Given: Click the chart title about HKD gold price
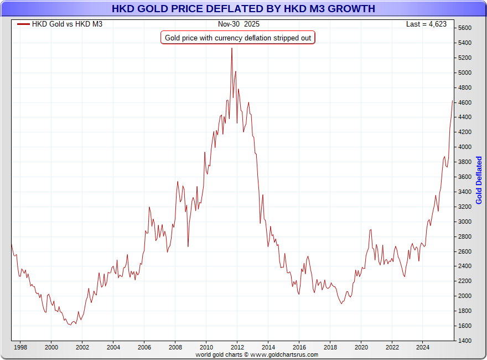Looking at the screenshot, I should point(244,8).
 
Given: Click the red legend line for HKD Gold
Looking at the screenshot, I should point(23,24).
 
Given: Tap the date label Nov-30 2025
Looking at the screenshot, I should point(238,24).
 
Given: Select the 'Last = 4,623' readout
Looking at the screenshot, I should point(426,24).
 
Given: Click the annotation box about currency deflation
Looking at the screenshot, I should point(238,38).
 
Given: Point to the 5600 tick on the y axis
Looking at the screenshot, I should point(464,28).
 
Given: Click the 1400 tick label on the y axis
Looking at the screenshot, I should point(464,341).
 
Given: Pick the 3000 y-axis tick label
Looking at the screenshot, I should point(464,222).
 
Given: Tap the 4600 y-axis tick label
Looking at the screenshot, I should point(464,102).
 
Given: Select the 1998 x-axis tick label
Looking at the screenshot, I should point(20,348).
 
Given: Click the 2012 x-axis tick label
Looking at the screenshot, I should point(237,348).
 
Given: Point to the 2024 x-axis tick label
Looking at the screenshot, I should point(423,348).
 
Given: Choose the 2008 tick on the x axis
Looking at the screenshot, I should point(175,348).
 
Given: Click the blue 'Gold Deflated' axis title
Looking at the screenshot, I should point(479,180).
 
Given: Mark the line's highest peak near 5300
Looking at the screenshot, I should point(232,48).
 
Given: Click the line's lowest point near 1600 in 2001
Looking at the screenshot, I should point(70,325).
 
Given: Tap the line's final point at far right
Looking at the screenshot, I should point(453,101).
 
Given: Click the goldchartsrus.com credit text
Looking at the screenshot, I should point(257,354).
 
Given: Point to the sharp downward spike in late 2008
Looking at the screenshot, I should point(188,246).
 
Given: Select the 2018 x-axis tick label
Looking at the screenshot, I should point(330,348).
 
